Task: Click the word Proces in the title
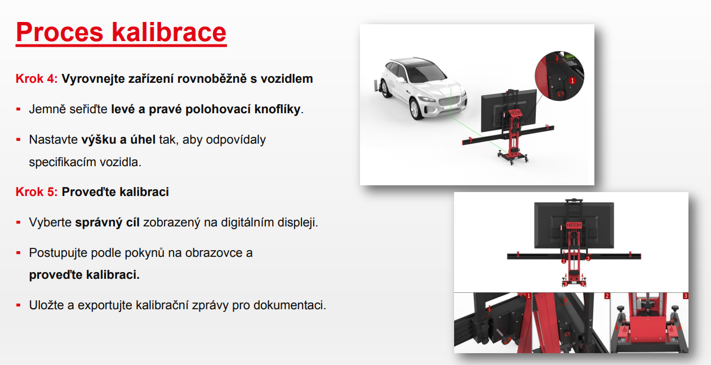pyautogui.click(x=59, y=32)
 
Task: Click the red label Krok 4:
pyautogui.click(x=37, y=79)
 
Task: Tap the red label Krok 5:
pyautogui.click(x=37, y=192)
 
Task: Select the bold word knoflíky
pyautogui.click(x=277, y=109)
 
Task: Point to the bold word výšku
pyautogui.click(x=99, y=140)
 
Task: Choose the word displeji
pyautogui.click(x=299, y=222)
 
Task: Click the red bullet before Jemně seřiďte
pyautogui.click(x=19, y=109)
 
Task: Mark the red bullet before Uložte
pyautogui.click(x=19, y=305)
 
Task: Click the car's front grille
pyautogui.click(x=449, y=101)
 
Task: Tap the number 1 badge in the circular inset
pyautogui.click(x=572, y=81)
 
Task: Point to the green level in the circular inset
pyautogui.click(x=570, y=56)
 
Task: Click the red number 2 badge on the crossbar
pyautogui.click(x=588, y=259)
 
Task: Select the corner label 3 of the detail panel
pyautogui.click(x=685, y=296)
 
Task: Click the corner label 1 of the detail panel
pyautogui.click(x=528, y=296)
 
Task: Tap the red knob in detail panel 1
pyautogui.click(x=506, y=340)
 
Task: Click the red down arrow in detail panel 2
pyautogui.click(x=565, y=300)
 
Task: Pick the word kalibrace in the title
pyautogui.click(x=169, y=32)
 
